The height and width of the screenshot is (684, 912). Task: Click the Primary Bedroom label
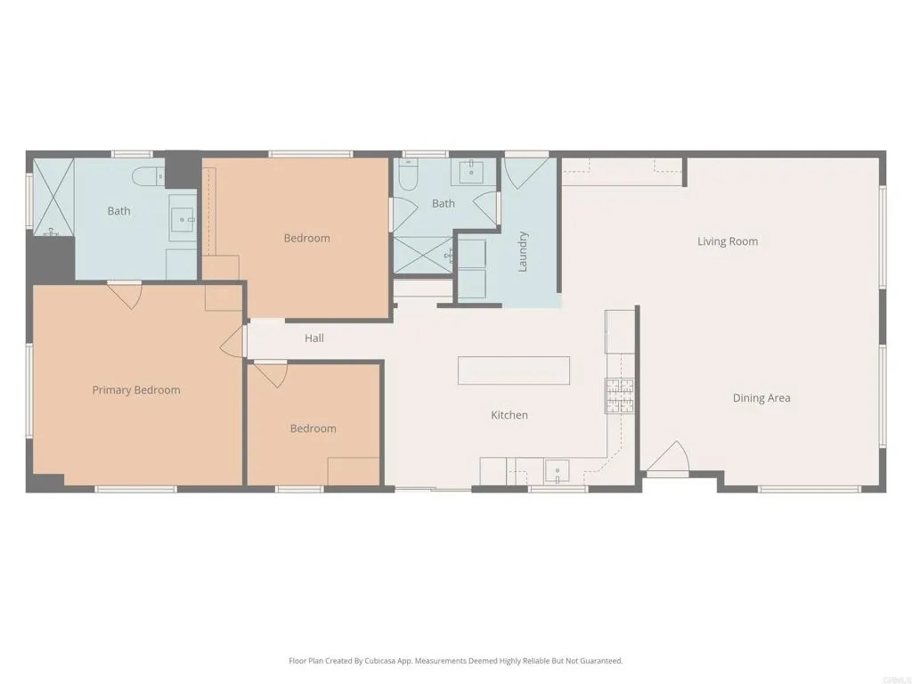click(136, 390)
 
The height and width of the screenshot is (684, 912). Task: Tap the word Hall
click(313, 338)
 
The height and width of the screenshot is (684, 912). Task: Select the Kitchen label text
click(509, 415)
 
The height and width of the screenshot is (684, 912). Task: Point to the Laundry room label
click(524, 251)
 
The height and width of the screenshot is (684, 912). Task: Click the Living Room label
click(728, 241)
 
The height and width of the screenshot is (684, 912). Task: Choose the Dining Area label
click(761, 398)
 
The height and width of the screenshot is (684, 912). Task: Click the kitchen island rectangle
click(514, 370)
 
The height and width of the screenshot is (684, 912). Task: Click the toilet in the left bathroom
click(145, 176)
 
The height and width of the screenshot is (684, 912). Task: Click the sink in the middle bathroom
click(468, 171)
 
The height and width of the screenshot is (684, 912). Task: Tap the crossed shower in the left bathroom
click(53, 196)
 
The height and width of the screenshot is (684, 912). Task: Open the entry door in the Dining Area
click(669, 460)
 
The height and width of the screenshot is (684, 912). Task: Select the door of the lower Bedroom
click(270, 374)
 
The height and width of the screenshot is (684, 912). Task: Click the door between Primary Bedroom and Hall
click(234, 339)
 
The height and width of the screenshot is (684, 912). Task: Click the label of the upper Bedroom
click(306, 238)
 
